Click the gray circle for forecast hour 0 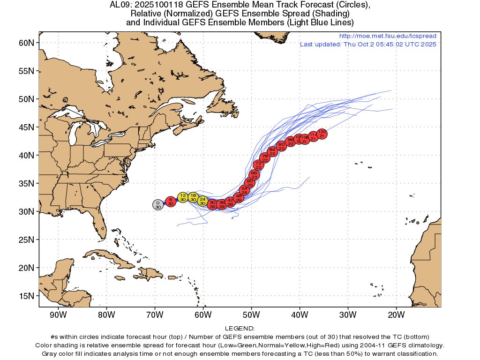point(158,204)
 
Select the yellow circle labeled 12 point(183,197)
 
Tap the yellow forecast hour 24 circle point(202,201)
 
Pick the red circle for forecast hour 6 point(171,202)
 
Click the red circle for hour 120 point(322,134)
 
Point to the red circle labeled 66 point(254,175)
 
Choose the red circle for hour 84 point(272,151)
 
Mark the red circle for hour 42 point(230,202)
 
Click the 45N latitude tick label point(26,127)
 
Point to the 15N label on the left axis point(26,296)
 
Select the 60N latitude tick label point(26,43)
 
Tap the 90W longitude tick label point(58,314)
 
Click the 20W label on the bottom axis point(396,314)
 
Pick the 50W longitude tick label point(251,314)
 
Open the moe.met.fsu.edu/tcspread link point(387,36)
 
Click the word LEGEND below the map point(240,329)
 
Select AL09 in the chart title point(118,5)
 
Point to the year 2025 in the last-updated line point(428,45)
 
